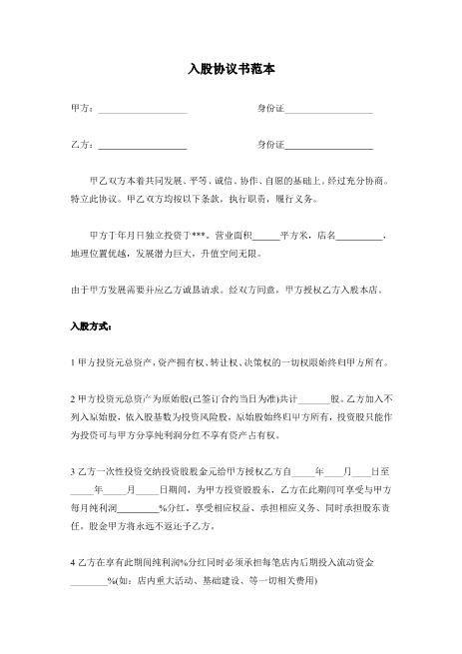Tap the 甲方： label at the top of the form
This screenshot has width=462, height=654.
83,108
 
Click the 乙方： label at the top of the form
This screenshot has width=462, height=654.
83,146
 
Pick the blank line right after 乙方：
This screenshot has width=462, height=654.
143,148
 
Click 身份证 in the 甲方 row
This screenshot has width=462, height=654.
270,108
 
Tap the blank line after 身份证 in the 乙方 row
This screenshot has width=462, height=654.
329,148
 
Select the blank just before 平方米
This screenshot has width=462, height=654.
266,238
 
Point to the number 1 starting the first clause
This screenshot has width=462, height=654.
73,361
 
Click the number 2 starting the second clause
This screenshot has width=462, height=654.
73,397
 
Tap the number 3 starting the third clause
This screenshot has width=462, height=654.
73,469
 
